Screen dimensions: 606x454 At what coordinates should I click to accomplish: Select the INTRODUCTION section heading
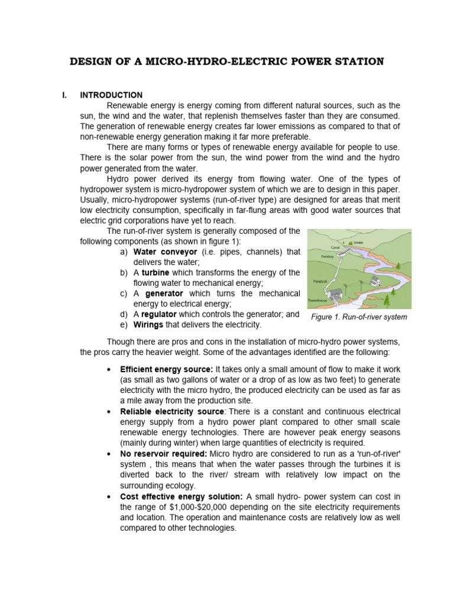click(x=111, y=95)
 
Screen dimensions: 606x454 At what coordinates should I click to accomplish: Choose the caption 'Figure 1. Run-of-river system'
click(x=359, y=317)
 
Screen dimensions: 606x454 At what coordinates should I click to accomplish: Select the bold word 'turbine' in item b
click(x=155, y=273)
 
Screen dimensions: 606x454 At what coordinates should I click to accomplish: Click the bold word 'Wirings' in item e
click(x=149, y=325)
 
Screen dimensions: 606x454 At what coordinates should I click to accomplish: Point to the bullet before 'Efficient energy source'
click(x=109, y=369)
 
